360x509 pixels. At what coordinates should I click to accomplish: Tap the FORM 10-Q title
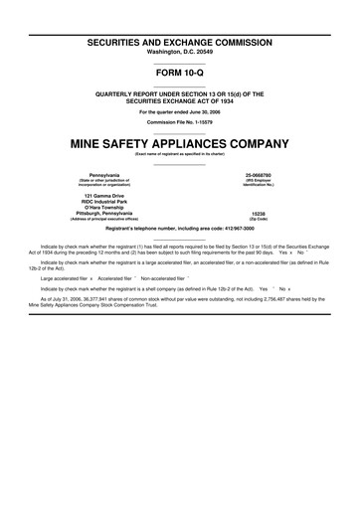(x=180, y=74)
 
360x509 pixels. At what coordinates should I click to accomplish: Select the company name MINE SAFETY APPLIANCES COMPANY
(x=180, y=143)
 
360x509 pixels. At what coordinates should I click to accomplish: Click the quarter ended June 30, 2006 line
(x=180, y=112)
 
